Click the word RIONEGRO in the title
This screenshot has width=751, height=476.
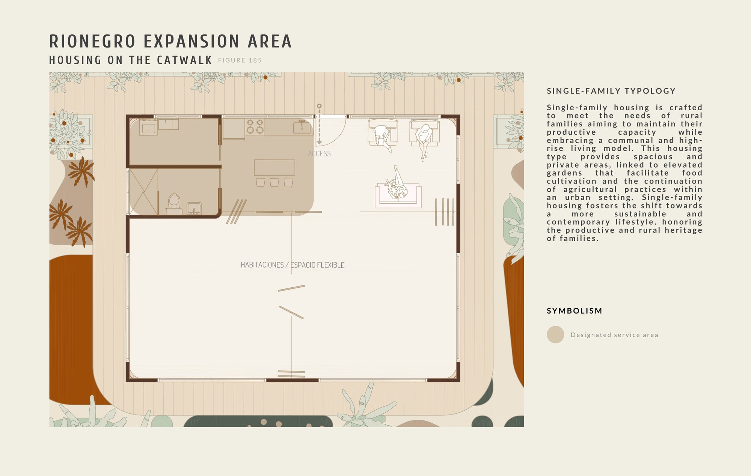92,41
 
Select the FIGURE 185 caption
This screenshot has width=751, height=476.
240,60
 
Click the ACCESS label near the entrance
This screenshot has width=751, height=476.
319,153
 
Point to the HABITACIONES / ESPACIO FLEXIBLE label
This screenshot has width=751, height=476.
293,265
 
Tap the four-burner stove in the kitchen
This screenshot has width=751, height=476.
255,126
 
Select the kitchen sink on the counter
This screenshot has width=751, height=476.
302,127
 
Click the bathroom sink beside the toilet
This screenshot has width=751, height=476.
194,208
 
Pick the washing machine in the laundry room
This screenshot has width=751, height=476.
148,127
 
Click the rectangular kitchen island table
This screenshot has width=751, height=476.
274,168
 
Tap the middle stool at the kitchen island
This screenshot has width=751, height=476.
274,183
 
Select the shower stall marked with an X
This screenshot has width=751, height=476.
143,191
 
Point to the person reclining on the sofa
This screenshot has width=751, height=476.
397,185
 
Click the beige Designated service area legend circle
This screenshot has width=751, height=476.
555,335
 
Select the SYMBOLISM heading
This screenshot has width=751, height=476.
575,311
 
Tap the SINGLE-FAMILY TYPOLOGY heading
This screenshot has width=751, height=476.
611,91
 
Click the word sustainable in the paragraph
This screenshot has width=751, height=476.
640,214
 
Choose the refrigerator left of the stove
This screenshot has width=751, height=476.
234,129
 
